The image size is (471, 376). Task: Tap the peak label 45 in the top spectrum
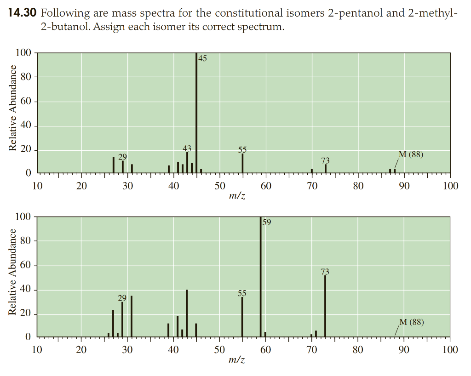[202, 58]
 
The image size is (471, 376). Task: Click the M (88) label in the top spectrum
[410, 154]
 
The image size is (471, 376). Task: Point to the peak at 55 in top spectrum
[242, 163]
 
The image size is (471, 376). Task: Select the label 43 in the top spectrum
[187, 148]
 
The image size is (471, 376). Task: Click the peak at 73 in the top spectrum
[325, 169]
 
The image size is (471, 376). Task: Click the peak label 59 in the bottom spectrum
[267, 222]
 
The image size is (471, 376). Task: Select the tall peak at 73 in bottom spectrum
[325, 306]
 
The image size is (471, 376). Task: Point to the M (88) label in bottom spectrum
[411, 322]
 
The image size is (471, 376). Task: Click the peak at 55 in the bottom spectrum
[242, 317]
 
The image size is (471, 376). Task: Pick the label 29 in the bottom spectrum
[122, 298]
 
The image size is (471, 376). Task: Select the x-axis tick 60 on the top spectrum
[266, 186]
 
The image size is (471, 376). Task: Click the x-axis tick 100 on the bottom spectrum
[450, 350]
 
